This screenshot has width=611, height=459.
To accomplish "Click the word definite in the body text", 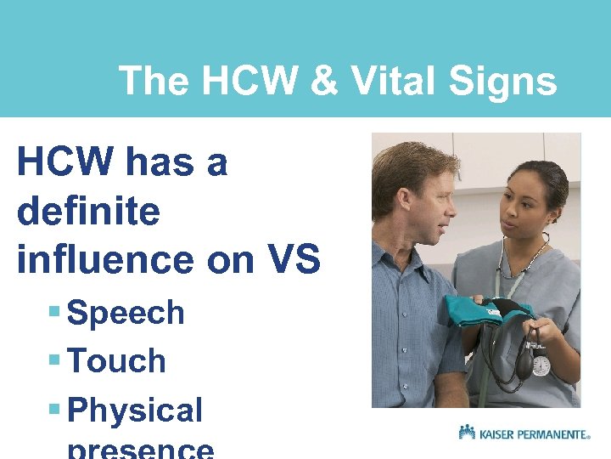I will click(87, 211).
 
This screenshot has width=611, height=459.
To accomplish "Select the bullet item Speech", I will click(126, 313).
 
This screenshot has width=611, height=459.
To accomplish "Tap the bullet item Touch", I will click(116, 361).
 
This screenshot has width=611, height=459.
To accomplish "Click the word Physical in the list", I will click(135, 410).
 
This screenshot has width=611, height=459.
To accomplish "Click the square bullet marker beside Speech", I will click(54, 312).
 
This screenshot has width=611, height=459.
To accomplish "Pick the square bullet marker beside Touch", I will click(54, 360).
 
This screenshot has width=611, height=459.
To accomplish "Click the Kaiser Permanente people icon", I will click(467, 433).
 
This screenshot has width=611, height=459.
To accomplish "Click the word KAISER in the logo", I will click(496, 434).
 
